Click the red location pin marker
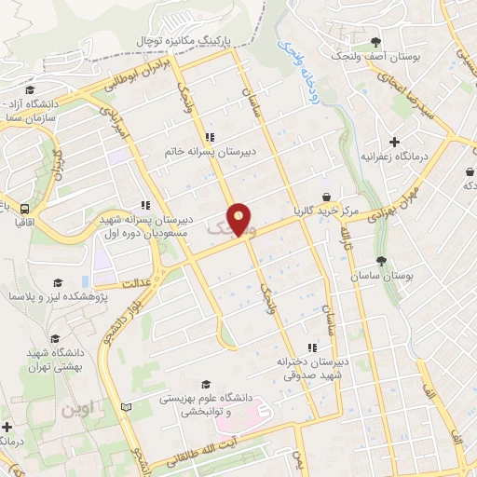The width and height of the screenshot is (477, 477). point(240,219)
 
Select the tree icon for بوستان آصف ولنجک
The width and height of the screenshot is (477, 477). point(375,42)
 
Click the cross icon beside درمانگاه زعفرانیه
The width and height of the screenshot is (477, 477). point(395,143)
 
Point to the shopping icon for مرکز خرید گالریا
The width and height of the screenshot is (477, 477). point(327,197)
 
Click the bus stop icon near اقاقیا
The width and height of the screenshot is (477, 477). point(24,210)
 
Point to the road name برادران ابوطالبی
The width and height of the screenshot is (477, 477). point(120,78)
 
